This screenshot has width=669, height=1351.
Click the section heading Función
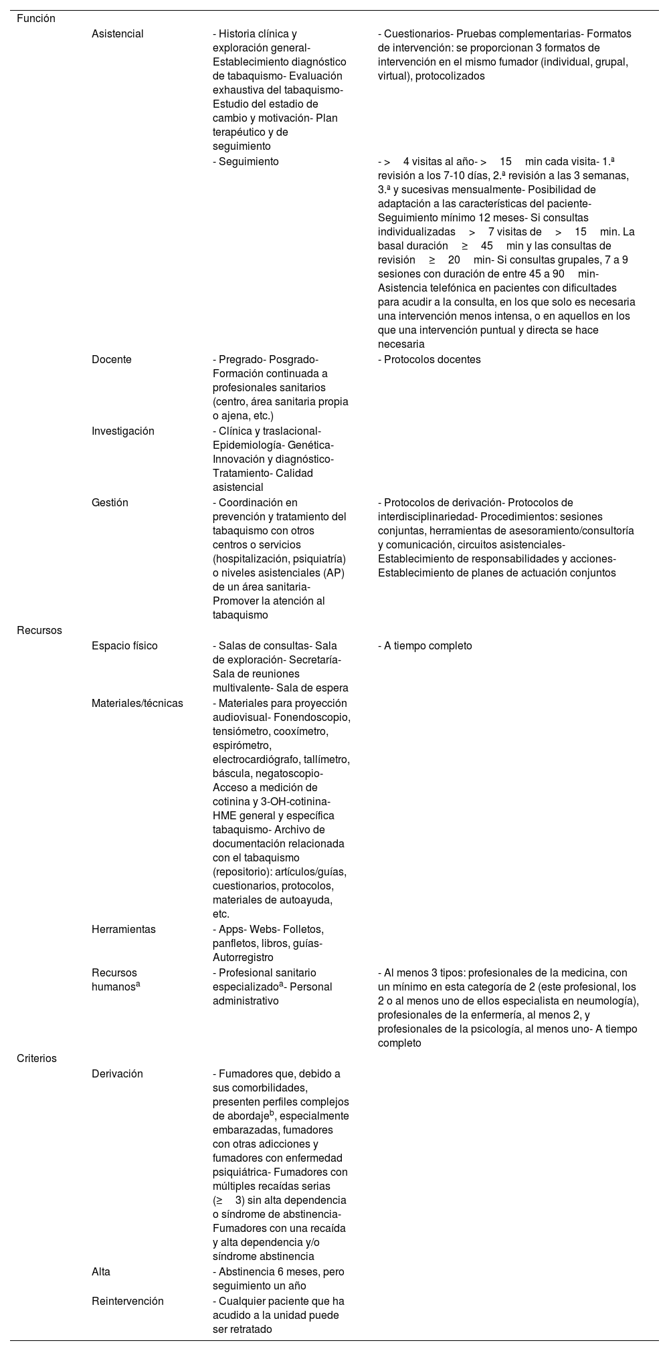[36, 19]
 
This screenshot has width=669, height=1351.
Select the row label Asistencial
[118, 33]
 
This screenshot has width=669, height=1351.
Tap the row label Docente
[112, 360]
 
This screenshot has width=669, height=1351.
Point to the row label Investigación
[123, 431]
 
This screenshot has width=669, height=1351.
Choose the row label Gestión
[110, 503]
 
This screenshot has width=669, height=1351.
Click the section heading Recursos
[39, 631]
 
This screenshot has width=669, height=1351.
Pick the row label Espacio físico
[124, 646]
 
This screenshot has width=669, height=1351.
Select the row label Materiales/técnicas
[137, 704]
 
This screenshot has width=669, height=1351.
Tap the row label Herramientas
[124, 930]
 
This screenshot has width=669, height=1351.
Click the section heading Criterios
[37, 1059]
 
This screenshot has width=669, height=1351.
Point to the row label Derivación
[117, 1074]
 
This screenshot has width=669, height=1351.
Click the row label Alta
[101, 1271]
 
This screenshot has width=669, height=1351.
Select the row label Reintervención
[128, 1302]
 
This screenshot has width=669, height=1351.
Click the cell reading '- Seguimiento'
[246, 162]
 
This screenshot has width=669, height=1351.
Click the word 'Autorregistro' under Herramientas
[244, 958]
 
